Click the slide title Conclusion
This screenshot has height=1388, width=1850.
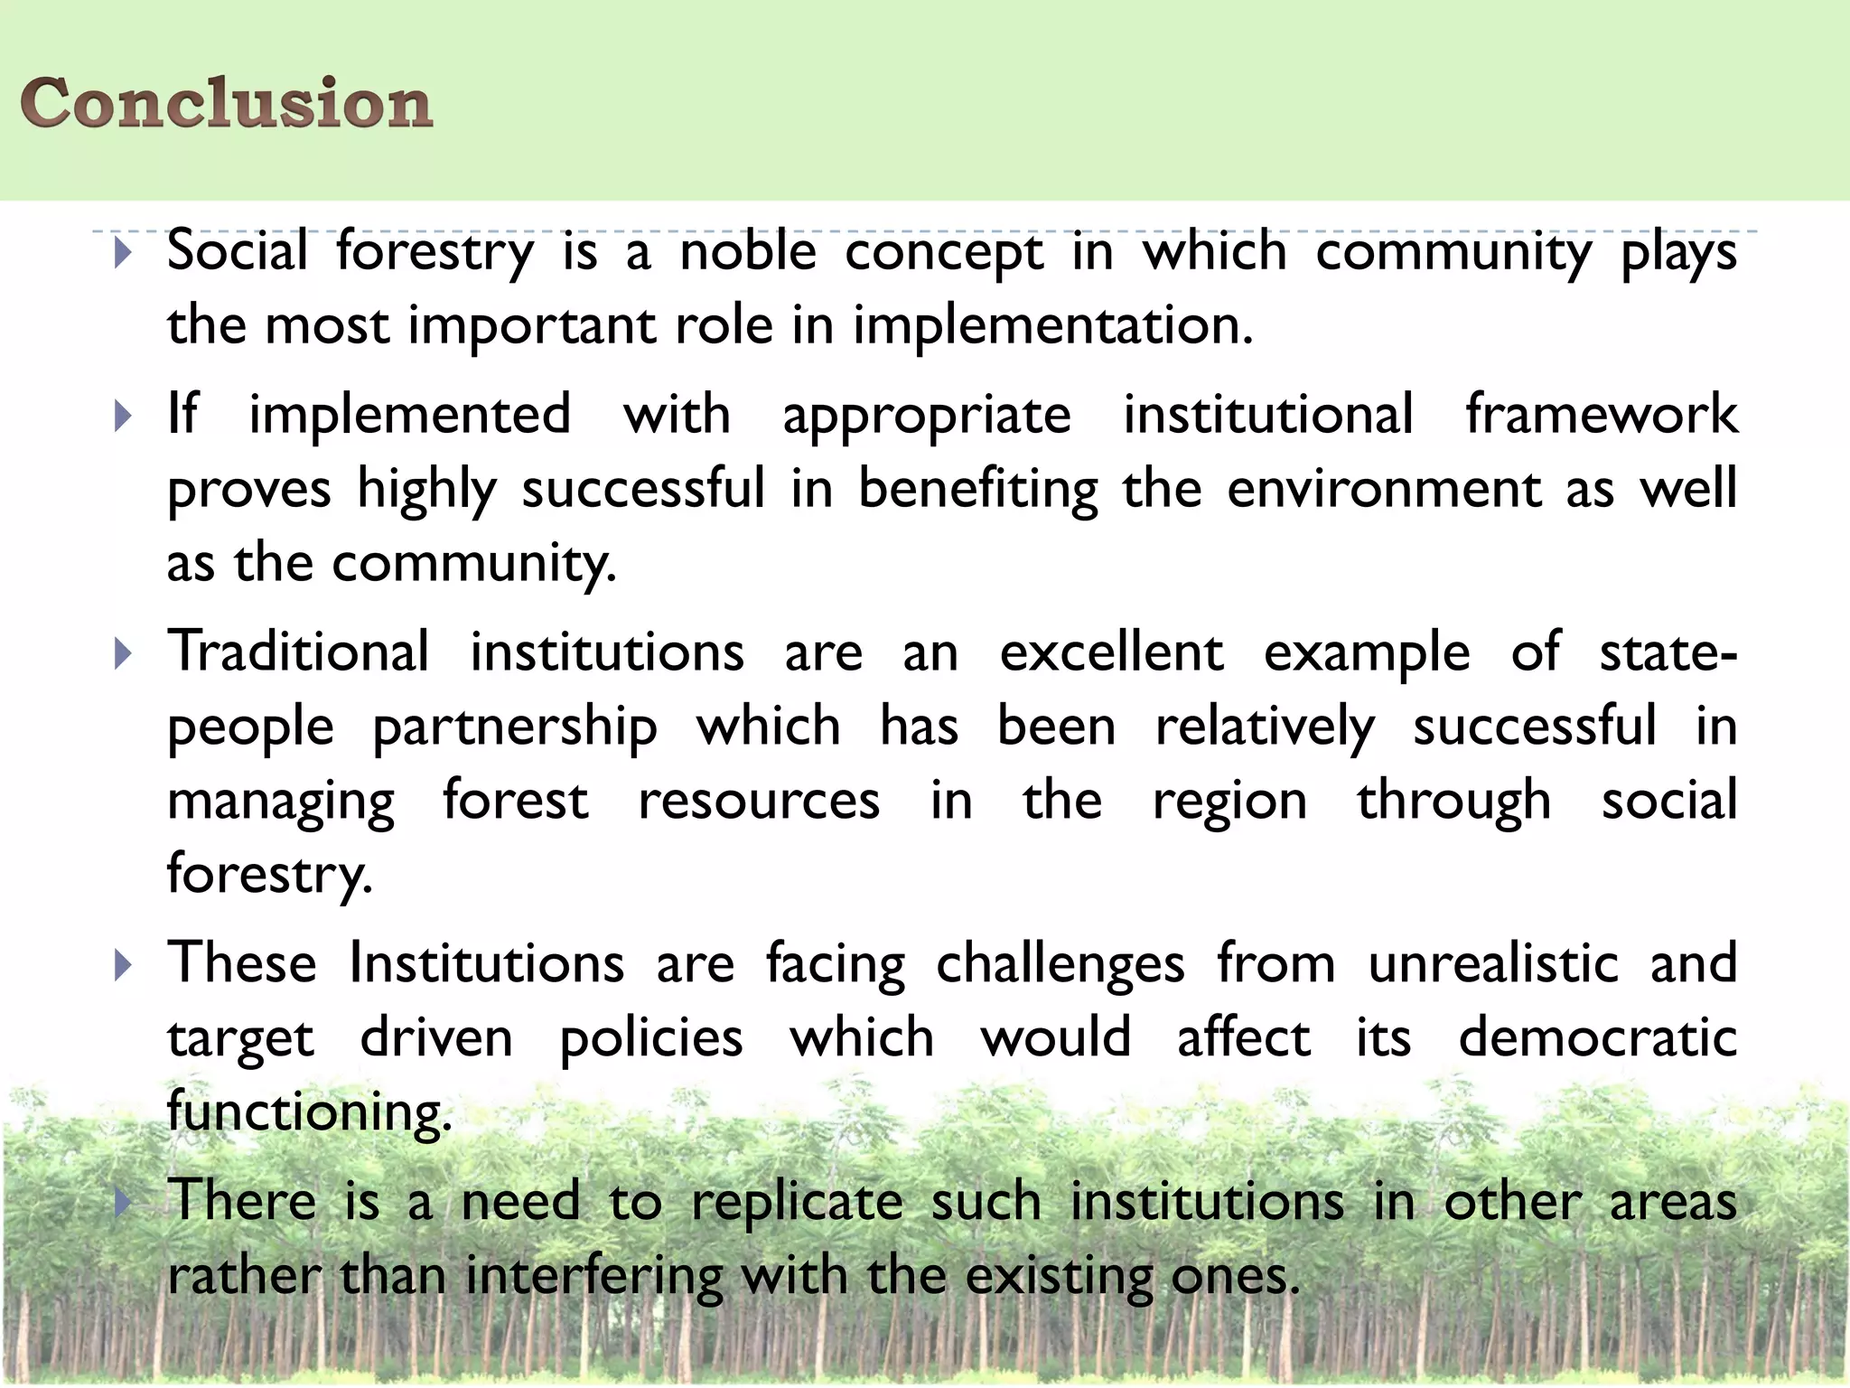tap(226, 102)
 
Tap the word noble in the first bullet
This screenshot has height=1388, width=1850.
tap(748, 251)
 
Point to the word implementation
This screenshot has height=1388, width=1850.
tap(1052, 325)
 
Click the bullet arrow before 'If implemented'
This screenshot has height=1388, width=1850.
tap(124, 417)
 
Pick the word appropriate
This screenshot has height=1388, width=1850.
tap(927, 417)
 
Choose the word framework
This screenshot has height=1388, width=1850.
tap(1601, 415)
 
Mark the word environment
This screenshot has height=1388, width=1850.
tap(1384, 489)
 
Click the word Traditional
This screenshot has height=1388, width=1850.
tap(298, 652)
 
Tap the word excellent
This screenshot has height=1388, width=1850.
tap(1111, 652)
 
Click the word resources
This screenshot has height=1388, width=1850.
tap(759, 801)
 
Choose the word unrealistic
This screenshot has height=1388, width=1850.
tap(1493, 963)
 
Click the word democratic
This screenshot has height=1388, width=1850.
tap(1597, 1037)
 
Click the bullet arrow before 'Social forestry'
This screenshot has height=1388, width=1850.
tap(124, 253)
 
